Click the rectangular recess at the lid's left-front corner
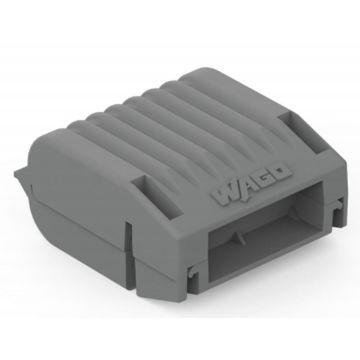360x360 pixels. pyautogui.click(x=157, y=198)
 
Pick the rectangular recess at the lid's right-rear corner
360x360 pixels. pyautogui.click(x=303, y=130)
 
